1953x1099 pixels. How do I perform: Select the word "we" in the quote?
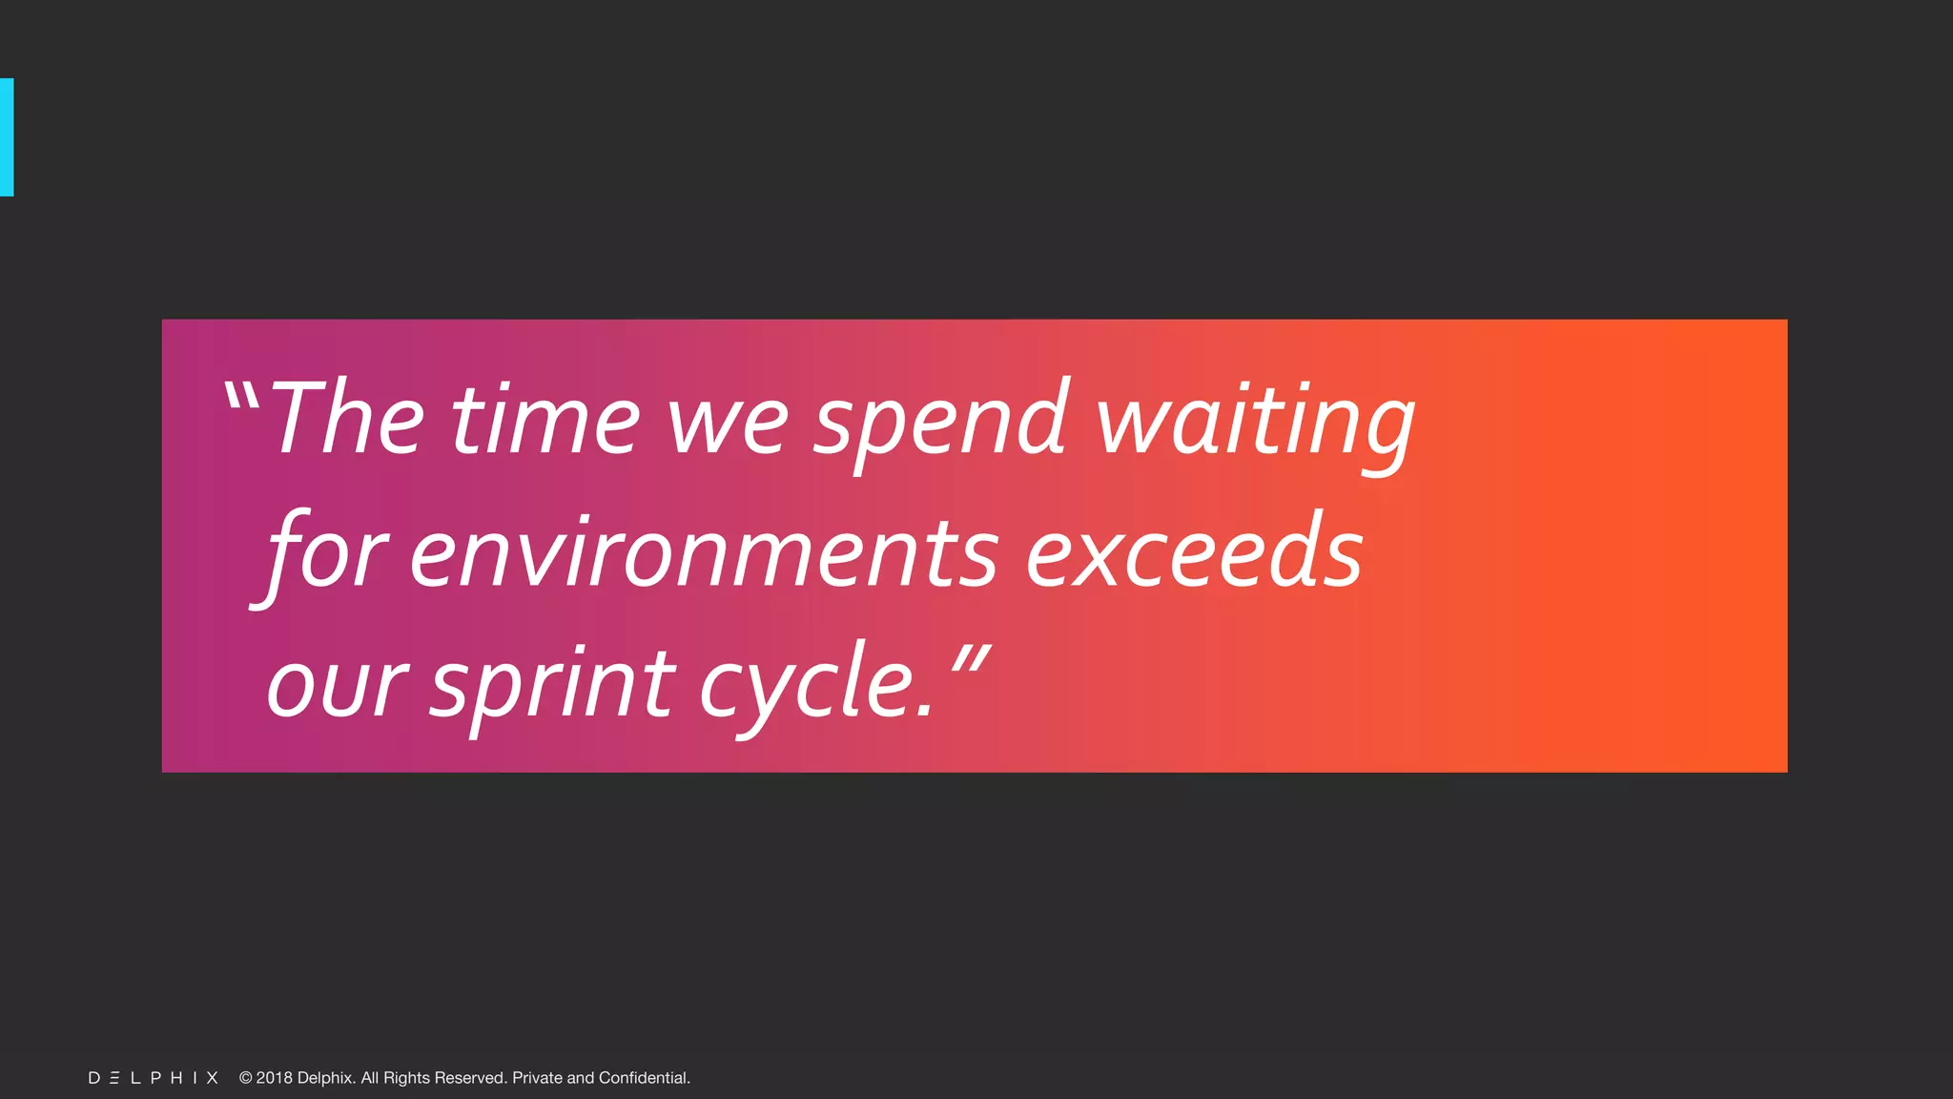728,425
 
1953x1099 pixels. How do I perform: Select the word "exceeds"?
1194,553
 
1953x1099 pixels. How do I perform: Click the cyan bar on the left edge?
7,137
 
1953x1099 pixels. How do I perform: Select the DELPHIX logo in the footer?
154,1078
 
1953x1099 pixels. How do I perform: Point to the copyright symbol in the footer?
245,1078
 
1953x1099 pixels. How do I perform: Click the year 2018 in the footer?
275,1078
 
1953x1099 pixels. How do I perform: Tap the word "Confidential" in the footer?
644,1078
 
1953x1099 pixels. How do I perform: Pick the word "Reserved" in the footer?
470,1078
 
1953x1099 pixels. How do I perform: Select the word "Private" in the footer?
537,1078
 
